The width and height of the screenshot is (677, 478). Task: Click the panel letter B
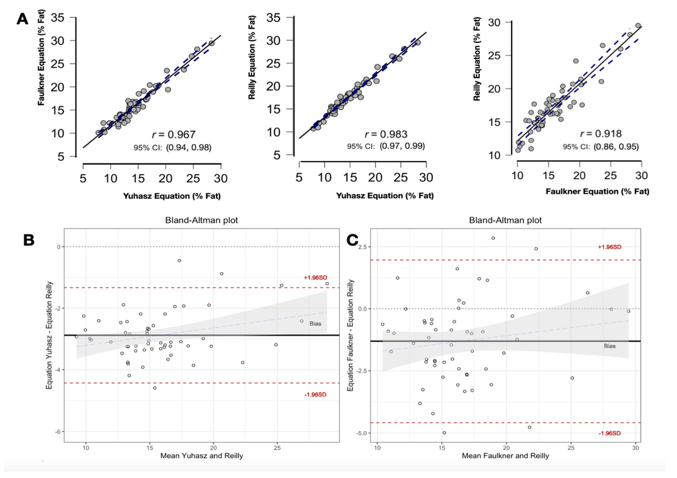click(x=29, y=240)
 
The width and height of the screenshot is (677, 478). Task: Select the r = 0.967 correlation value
click(x=174, y=134)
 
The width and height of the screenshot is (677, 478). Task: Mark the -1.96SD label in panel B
click(x=316, y=395)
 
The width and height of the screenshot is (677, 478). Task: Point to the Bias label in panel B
click(x=315, y=323)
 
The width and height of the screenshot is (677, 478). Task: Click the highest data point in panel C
click(x=493, y=238)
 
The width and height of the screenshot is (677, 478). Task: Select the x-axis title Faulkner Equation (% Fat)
click(x=597, y=191)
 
